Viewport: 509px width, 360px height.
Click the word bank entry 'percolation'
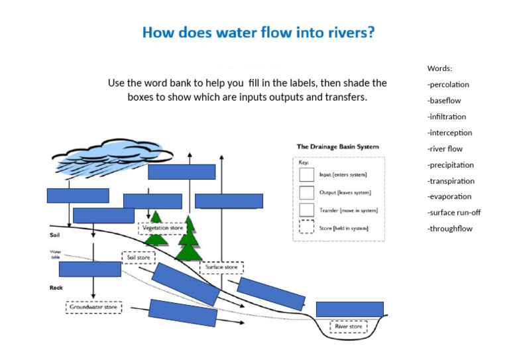pos(449,85)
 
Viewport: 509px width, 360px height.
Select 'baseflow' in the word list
pos(445,101)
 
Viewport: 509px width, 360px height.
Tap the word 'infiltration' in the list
pos(447,117)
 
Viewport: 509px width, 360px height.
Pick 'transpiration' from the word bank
pos(451,181)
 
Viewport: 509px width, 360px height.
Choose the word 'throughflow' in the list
pos(450,229)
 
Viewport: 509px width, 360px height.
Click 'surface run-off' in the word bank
pos(454,213)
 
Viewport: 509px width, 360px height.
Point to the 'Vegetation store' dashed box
pos(162,228)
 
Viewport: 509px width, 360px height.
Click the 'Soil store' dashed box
pos(139,257)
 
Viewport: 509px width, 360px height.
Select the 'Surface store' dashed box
pos(221,267)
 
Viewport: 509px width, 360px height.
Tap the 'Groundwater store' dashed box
pos(93,307)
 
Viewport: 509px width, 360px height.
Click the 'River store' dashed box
pos(349,327)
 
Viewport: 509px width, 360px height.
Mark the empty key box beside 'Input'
pos(306,174)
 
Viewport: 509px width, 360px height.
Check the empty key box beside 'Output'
pos(306,192)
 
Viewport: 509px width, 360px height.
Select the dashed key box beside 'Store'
pos(306,227)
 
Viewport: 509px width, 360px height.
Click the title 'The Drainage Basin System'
pos(337,147)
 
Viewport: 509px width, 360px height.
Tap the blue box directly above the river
pos(349,309)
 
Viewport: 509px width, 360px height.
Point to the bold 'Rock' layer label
pos(56,288)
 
